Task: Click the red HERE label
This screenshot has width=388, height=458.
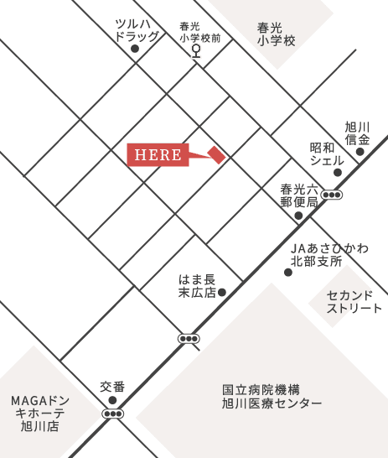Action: (x=158, y=155)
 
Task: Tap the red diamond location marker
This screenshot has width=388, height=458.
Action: (x=217, y=155)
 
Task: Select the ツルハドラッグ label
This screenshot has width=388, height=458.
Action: (x=136, y=30)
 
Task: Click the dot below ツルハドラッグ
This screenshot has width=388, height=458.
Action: (x=134, y=49)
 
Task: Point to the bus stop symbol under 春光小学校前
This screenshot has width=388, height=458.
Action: (x=197, y=50)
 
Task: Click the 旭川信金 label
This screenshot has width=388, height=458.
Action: (x=358, y=132)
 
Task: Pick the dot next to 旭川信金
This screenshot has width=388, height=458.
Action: (x=360, y=152)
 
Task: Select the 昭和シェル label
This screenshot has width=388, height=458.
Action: (x=327, y=154)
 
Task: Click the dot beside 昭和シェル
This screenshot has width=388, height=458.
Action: (x=338, y=173)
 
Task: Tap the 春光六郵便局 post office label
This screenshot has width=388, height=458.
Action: (x=300, y=195)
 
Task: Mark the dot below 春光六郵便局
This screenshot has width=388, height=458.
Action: (x=298, y=216)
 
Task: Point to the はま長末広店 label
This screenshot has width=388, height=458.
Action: (x=198, y=285)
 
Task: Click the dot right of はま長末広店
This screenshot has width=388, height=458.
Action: (x=223, y=293)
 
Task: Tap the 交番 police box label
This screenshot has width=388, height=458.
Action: (x=112, y=387)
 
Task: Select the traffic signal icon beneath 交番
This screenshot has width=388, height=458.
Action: (x=112, y=413)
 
